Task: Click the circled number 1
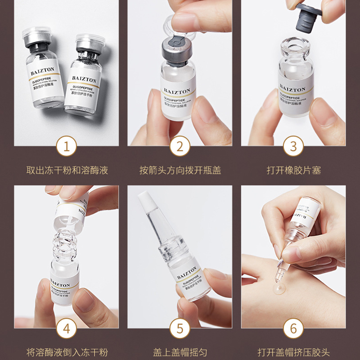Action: pyautogui.click(x=67, y=146)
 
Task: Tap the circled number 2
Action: pyautogui.click(x=180, y=146)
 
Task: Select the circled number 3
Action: pyautogui.click(x=293, y=146)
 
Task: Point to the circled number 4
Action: pyautogui.click(x=67, y=328)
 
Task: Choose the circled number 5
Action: pyautogui.click(x=180, y=328)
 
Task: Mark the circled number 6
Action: pyautogui.click(x=293, y=328)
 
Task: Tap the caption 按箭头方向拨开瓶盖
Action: pyautogui.click(x=180, y=171)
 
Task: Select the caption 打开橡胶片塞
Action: pyautogui.click(x=293, y=171)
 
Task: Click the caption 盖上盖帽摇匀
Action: pyautogui.click(x=180, y=352)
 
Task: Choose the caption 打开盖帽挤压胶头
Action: pyautogui.click(x=293, y=352)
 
